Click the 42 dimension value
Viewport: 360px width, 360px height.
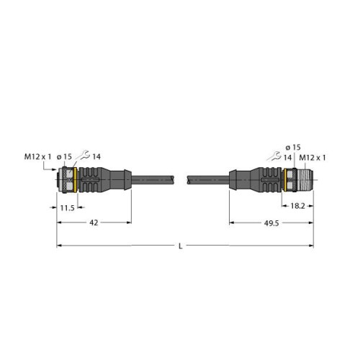point(94,224)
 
